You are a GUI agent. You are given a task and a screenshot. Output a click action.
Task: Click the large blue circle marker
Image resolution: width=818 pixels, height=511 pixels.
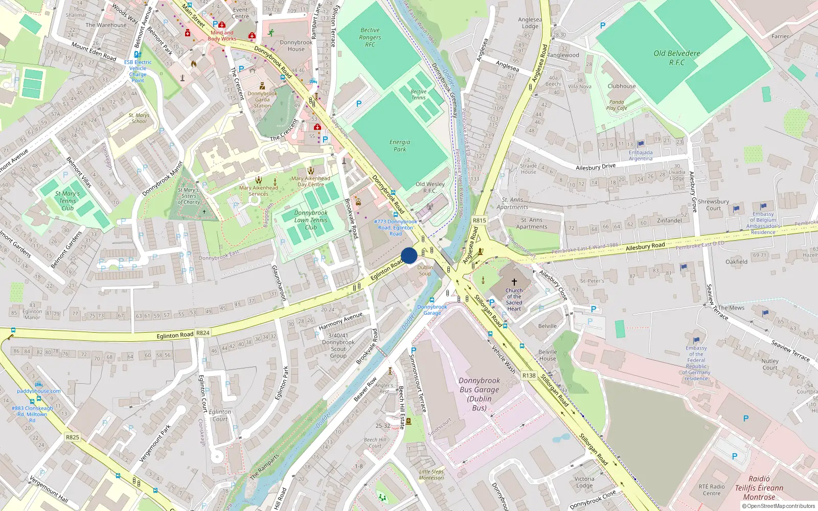click(409, 255)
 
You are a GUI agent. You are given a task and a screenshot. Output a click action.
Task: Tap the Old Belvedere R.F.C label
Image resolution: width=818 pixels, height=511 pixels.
click(676, 58)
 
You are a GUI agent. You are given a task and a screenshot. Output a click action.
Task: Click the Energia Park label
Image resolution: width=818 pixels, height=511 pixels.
click(400, 146)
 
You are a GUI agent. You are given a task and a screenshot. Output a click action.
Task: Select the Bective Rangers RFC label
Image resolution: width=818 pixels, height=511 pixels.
click(370, 37)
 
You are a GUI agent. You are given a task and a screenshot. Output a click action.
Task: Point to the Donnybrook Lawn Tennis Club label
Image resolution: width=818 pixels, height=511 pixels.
click(311, 220)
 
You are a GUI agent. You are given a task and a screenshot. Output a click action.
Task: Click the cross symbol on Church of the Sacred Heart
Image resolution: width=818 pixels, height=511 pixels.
click(514, 282)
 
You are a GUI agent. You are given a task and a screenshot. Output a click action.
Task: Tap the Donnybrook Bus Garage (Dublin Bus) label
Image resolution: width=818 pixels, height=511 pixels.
click(479, 394)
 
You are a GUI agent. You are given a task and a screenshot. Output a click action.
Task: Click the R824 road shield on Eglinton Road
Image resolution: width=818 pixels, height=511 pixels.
click(203, 333)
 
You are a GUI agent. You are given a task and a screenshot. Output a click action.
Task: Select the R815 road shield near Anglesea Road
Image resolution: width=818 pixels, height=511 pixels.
click(479, 221)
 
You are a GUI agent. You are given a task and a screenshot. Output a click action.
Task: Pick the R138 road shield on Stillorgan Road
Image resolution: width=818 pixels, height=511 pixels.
click(529, 376)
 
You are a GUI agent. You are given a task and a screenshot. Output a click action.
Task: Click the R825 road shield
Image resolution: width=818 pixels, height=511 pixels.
click(73, 437)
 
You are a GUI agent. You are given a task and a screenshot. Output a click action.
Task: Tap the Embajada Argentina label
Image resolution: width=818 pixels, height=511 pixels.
click(641, 155)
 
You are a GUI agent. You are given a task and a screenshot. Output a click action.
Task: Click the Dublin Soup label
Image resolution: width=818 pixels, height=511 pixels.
click(425, 270)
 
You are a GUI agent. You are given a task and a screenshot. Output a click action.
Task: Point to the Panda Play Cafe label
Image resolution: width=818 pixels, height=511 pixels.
click(617, 105)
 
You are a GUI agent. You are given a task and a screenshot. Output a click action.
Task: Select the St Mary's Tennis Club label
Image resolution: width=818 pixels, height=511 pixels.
click(67, 201)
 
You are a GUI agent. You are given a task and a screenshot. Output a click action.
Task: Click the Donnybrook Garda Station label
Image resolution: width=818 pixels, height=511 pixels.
click(262, 100)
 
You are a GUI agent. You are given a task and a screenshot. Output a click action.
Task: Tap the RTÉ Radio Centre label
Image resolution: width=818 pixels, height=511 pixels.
click(712, 490)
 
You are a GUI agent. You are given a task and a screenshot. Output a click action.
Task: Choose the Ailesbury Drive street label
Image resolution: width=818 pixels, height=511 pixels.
click(596, 167)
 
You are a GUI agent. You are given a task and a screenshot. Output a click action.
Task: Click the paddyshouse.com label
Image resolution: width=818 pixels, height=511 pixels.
click(39, 391)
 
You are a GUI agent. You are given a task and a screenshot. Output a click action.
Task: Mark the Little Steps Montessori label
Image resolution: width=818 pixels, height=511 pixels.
click(431, 475)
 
